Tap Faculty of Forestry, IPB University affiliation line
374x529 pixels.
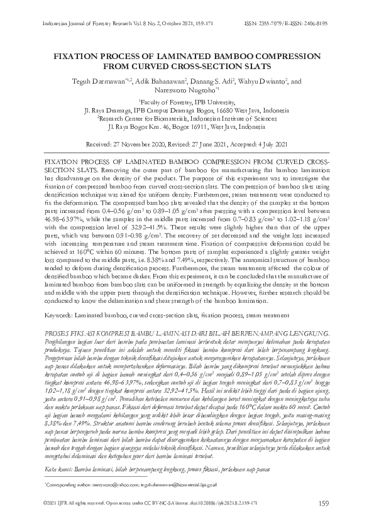point(188,101)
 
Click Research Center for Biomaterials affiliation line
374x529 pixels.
point(187,117)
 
